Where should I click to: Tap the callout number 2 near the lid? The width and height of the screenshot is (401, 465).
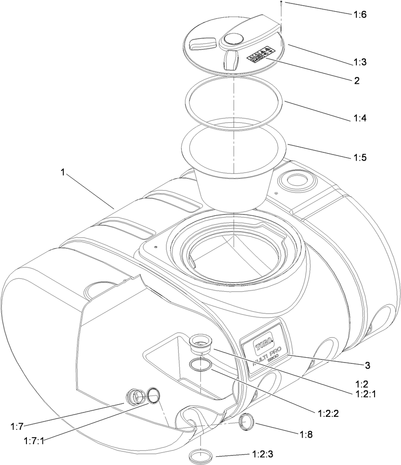(x=356, y=80)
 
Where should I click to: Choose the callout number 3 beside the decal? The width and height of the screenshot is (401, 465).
(x=368, y=366)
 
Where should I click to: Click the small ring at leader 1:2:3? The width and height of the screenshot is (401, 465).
(x=202, y=456)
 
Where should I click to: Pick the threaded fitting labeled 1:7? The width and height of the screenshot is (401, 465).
(x=136, y=396)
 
